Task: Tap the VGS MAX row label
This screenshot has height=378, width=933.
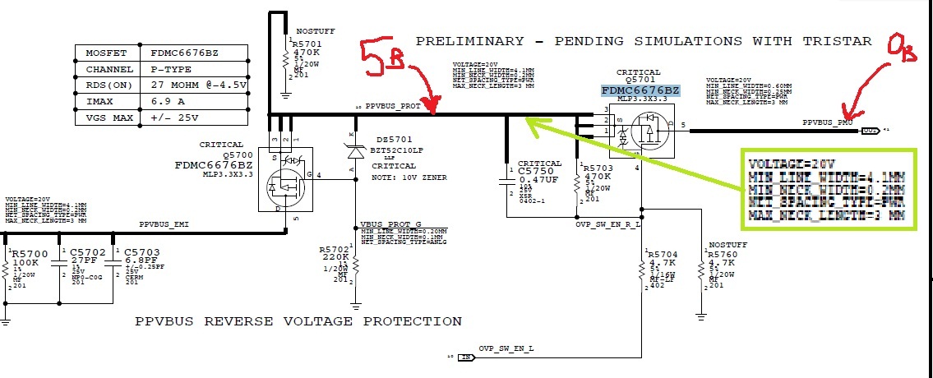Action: (109, 118)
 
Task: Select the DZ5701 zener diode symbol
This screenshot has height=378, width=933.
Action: (355, 151)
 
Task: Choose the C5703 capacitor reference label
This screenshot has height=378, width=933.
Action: (141, 253)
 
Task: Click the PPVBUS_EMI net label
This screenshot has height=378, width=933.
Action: (164, 224)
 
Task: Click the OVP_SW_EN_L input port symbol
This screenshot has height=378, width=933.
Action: (466, 357)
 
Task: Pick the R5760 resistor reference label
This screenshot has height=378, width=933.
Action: (723, 256)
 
